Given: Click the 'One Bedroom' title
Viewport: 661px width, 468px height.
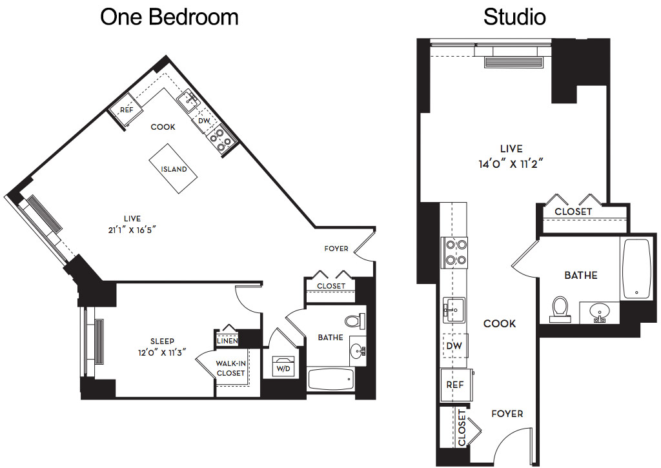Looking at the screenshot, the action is [169, 17].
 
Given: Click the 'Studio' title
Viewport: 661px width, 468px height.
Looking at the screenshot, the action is [514, 17].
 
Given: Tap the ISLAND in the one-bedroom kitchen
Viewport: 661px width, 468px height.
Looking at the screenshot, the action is [173, 169].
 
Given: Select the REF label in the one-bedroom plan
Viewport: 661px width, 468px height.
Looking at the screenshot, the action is [127, 110].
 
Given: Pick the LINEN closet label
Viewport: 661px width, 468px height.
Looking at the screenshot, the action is [227, 341].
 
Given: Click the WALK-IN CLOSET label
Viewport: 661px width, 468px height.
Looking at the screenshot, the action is [230, 368].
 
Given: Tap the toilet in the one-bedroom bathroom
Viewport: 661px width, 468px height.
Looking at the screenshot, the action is [354, 321].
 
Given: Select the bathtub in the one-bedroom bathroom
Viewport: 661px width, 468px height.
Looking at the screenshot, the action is [331, 380].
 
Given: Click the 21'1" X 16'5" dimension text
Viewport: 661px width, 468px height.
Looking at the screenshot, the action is [132, 230].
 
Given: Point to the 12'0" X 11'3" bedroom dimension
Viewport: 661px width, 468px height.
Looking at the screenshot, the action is [162, 352].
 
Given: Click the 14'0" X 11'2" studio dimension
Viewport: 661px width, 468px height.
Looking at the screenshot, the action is [511, 163].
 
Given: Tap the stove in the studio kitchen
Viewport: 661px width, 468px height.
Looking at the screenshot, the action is [454, 252].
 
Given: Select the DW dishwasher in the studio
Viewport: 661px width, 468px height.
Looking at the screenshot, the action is [454, 346].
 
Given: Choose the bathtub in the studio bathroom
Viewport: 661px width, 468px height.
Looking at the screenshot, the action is [636, 269].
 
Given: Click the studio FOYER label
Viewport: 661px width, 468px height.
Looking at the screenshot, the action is [507, 414].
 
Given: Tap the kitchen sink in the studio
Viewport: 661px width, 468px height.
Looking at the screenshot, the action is [454, 310].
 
